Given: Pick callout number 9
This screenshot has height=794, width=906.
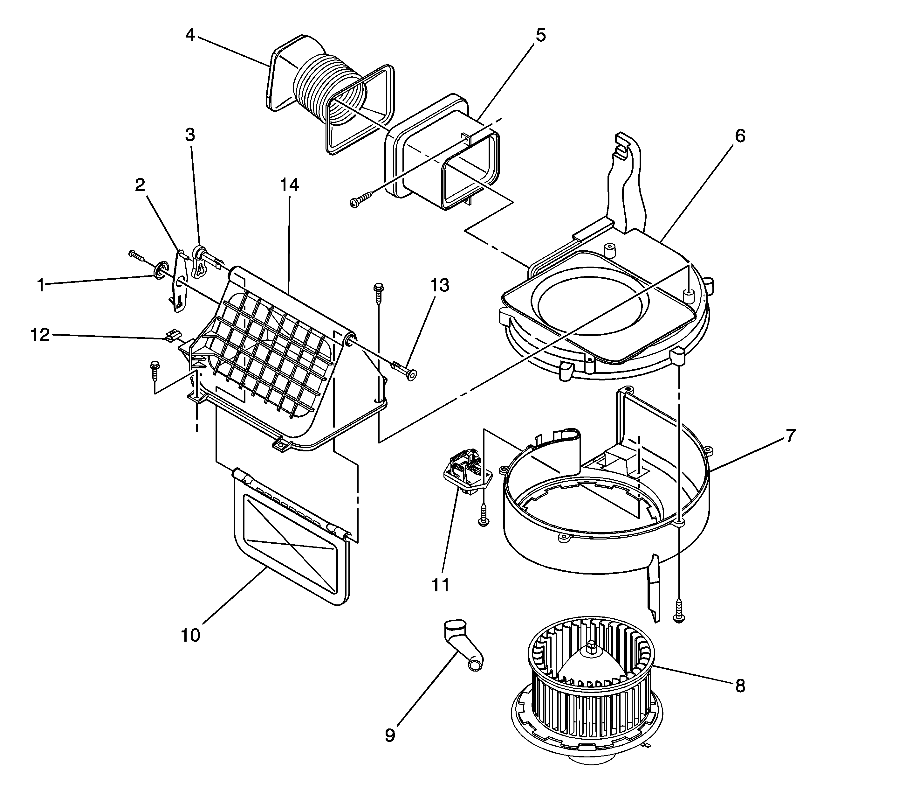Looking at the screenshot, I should tap(390, 735).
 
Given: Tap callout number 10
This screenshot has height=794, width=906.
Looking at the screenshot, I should tap(190, 635).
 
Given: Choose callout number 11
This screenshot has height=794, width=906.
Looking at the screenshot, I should tap(440, 585).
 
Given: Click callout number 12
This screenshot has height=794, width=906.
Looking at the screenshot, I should tap(40, 335).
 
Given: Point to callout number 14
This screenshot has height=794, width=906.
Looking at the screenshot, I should tap(289, 185).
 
